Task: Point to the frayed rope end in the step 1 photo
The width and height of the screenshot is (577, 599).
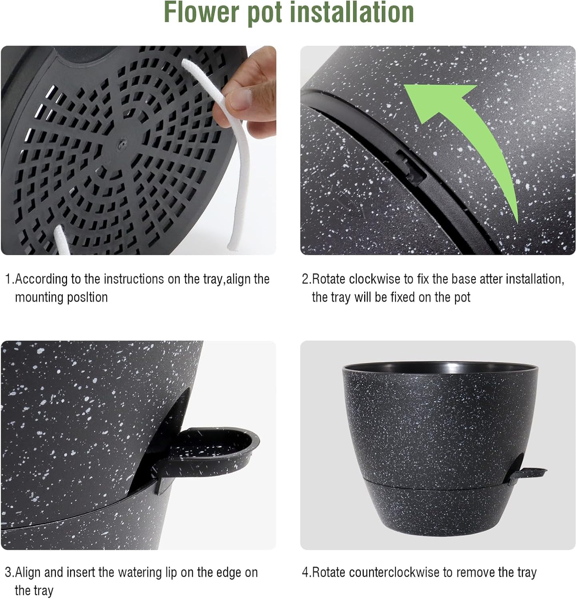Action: tap(231, 248)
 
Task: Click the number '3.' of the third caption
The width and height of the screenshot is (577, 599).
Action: tap(10, 572)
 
